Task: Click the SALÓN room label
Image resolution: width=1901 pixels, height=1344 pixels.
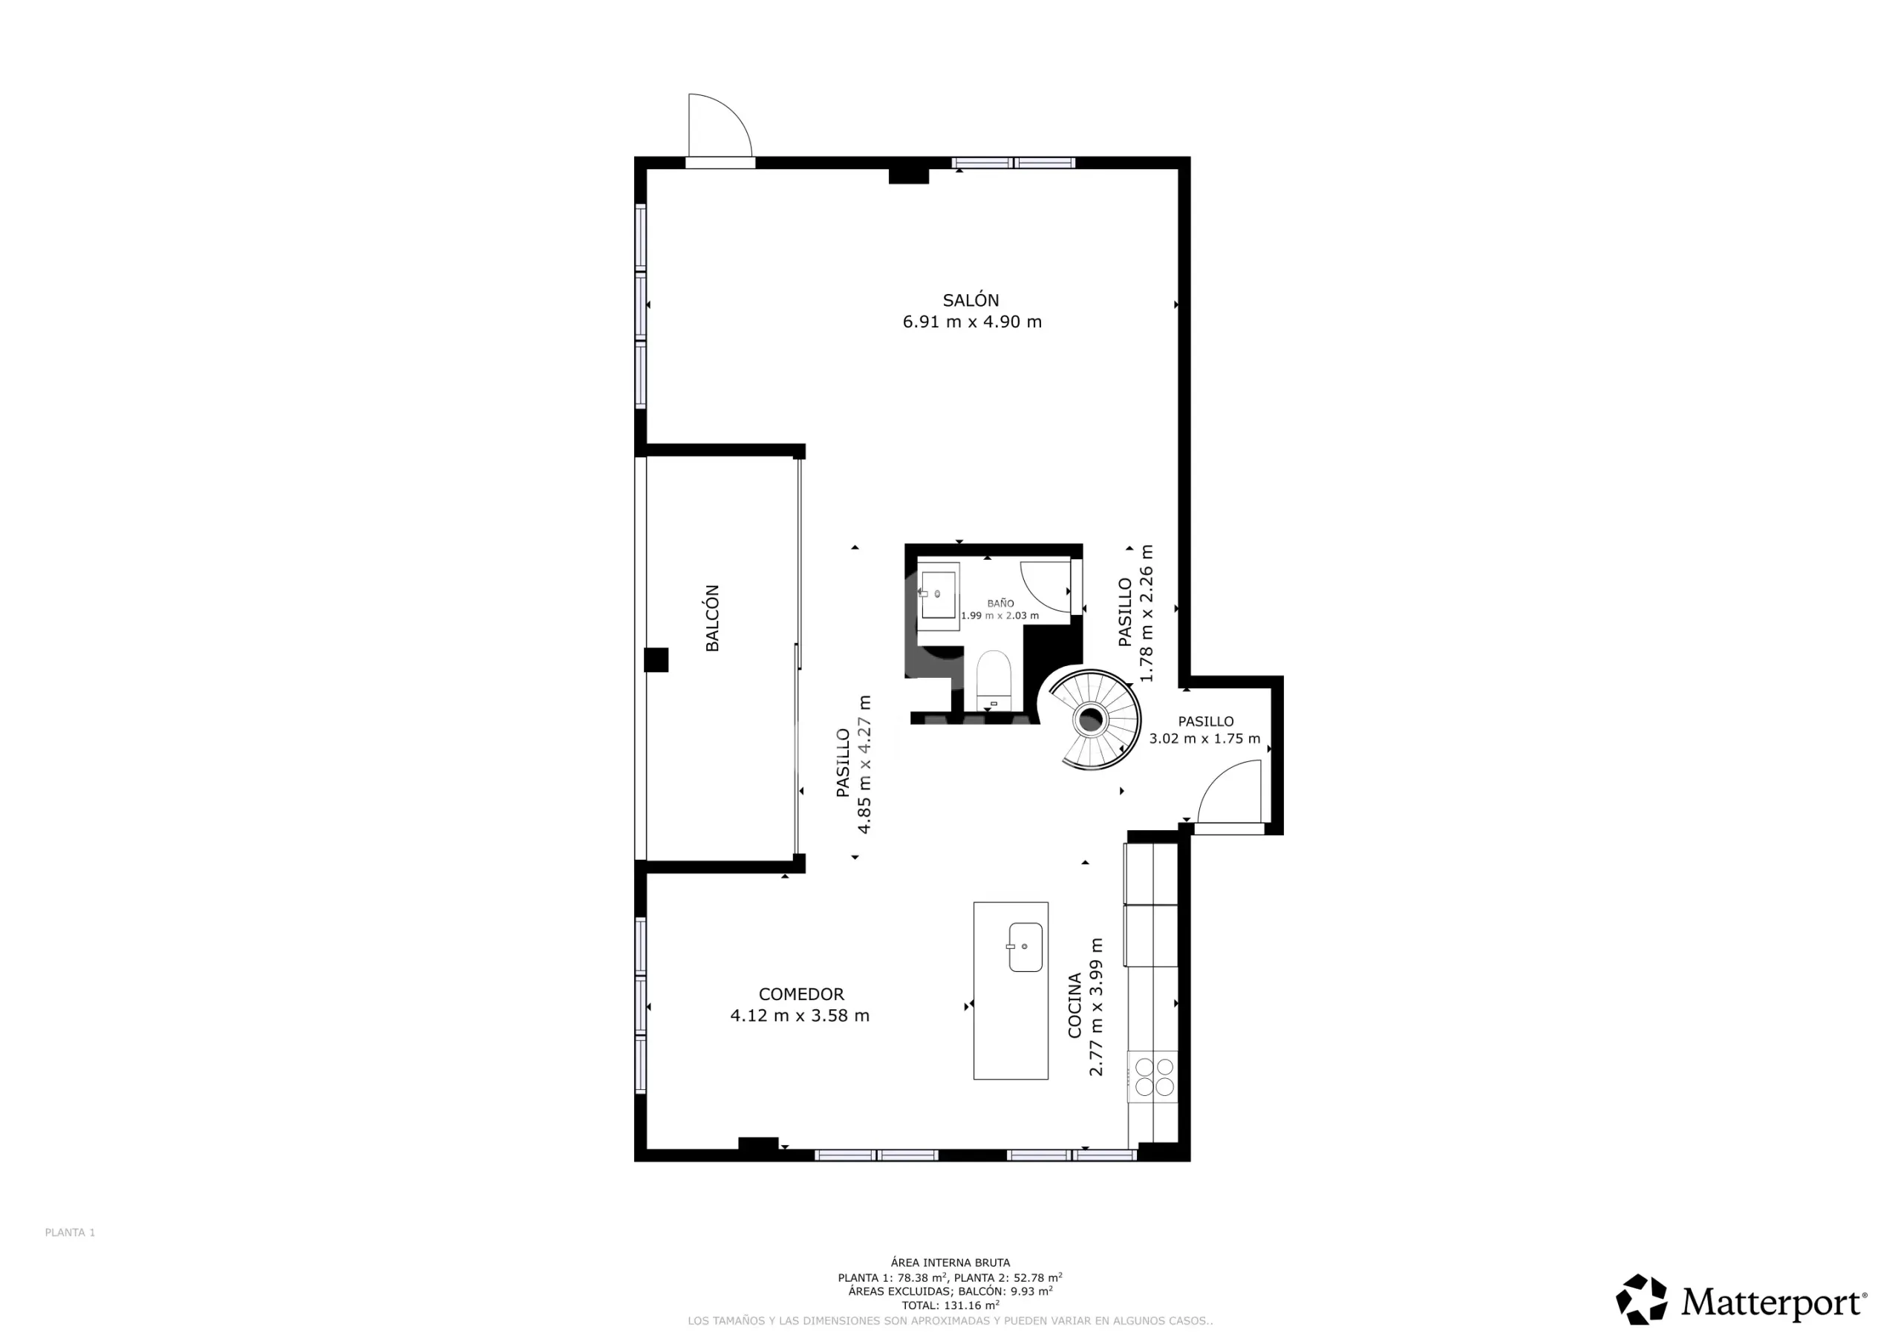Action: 971,300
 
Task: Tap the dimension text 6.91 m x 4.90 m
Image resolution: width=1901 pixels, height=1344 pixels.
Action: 972,322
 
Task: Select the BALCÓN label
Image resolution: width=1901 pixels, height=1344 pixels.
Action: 712,618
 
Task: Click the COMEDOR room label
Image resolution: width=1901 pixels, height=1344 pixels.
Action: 801,994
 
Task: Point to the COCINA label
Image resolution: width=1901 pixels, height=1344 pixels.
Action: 1075,1005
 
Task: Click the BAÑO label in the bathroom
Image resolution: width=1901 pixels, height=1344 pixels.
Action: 1000,604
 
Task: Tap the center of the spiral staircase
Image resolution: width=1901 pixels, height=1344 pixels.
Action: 1090,720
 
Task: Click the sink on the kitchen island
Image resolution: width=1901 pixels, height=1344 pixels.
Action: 1026,947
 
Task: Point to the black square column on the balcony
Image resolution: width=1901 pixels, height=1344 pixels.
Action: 656,660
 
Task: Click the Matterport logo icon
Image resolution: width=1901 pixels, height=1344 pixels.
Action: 1642,1299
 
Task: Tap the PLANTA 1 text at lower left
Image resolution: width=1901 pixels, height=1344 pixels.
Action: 71,1232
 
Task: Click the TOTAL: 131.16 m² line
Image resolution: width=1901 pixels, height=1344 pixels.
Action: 950,1305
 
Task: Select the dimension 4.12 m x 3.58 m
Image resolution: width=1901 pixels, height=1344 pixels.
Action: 800,1016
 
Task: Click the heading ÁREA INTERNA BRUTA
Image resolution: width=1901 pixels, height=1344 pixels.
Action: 950,1263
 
